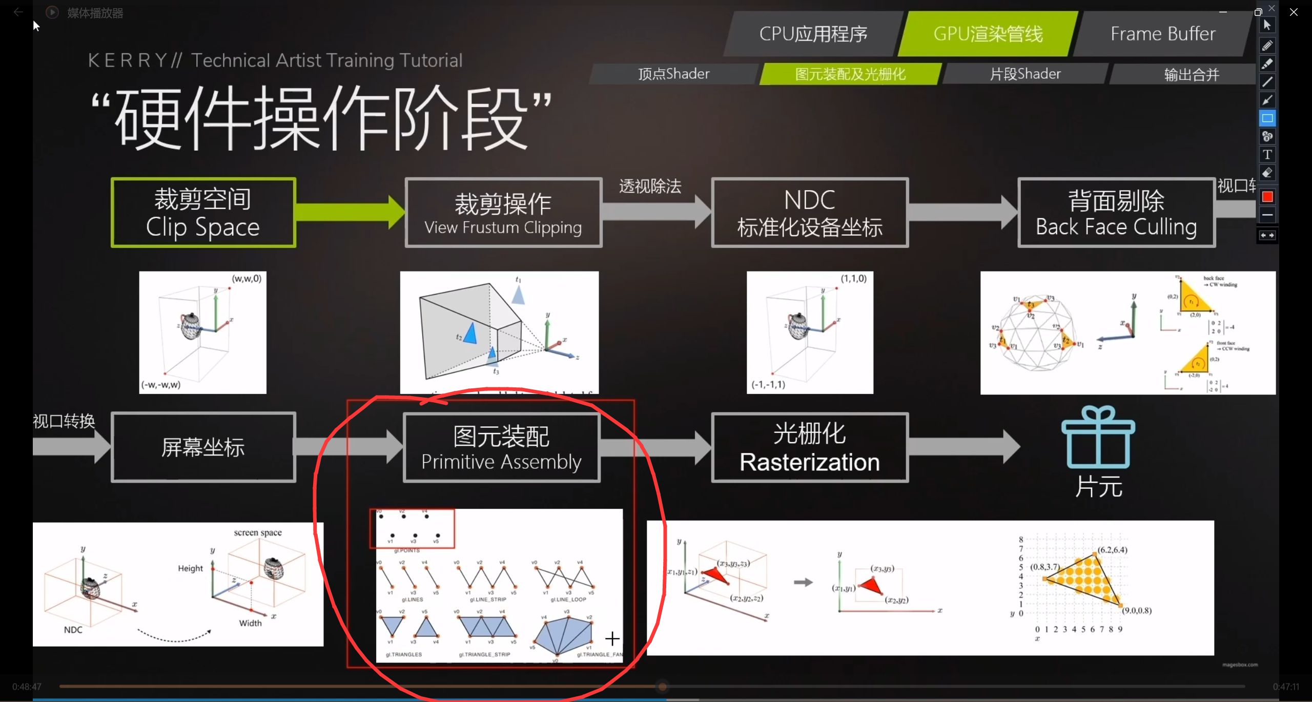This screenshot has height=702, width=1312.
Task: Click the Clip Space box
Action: [x=203, y=213]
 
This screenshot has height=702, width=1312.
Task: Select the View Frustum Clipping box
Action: [x=503, y=213]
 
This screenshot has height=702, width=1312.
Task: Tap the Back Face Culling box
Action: [x=1116, y=213]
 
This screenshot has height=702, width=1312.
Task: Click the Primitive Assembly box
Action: [x=501, y=447]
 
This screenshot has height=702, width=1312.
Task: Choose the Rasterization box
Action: [x=809, y=447]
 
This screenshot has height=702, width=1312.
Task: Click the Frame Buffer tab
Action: [x=1162, y=34]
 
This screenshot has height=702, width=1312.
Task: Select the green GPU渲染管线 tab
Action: [x=988, y=34]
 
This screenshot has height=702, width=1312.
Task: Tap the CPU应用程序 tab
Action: [x=813, y=34]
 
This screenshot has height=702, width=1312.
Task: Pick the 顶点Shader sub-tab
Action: [x=673, y=74]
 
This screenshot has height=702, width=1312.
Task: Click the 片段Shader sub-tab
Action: [x=1025, y=74]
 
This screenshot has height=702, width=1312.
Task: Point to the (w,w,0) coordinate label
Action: [x=247, y=279]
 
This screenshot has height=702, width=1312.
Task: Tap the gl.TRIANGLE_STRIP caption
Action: [x=484, y=654]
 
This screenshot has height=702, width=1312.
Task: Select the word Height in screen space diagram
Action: [x=190, y=568]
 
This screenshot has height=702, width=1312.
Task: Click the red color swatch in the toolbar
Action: [x=1267, y=197]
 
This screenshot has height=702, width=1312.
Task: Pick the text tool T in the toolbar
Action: [x=1267, y=155]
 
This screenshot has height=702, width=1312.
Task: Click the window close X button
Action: [x=1294, y=12]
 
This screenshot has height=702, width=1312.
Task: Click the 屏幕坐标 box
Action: [x=203, y=447]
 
